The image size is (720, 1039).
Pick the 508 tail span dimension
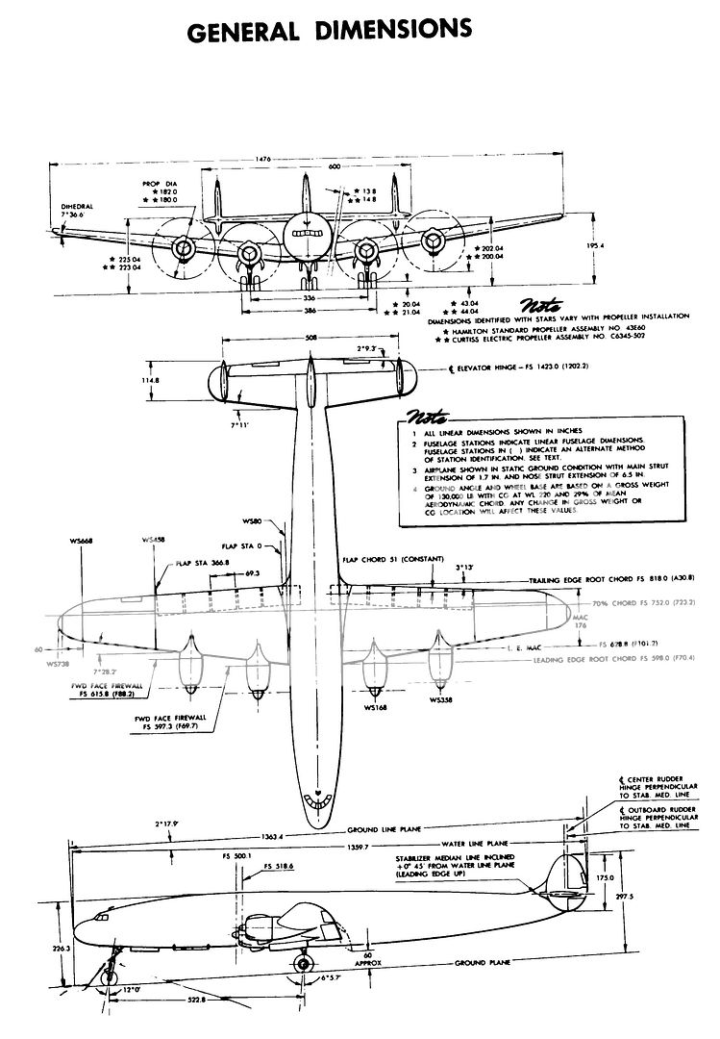click(310, 338)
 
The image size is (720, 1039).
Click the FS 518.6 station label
click(279, 867)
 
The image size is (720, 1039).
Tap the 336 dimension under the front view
click(309, 298)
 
